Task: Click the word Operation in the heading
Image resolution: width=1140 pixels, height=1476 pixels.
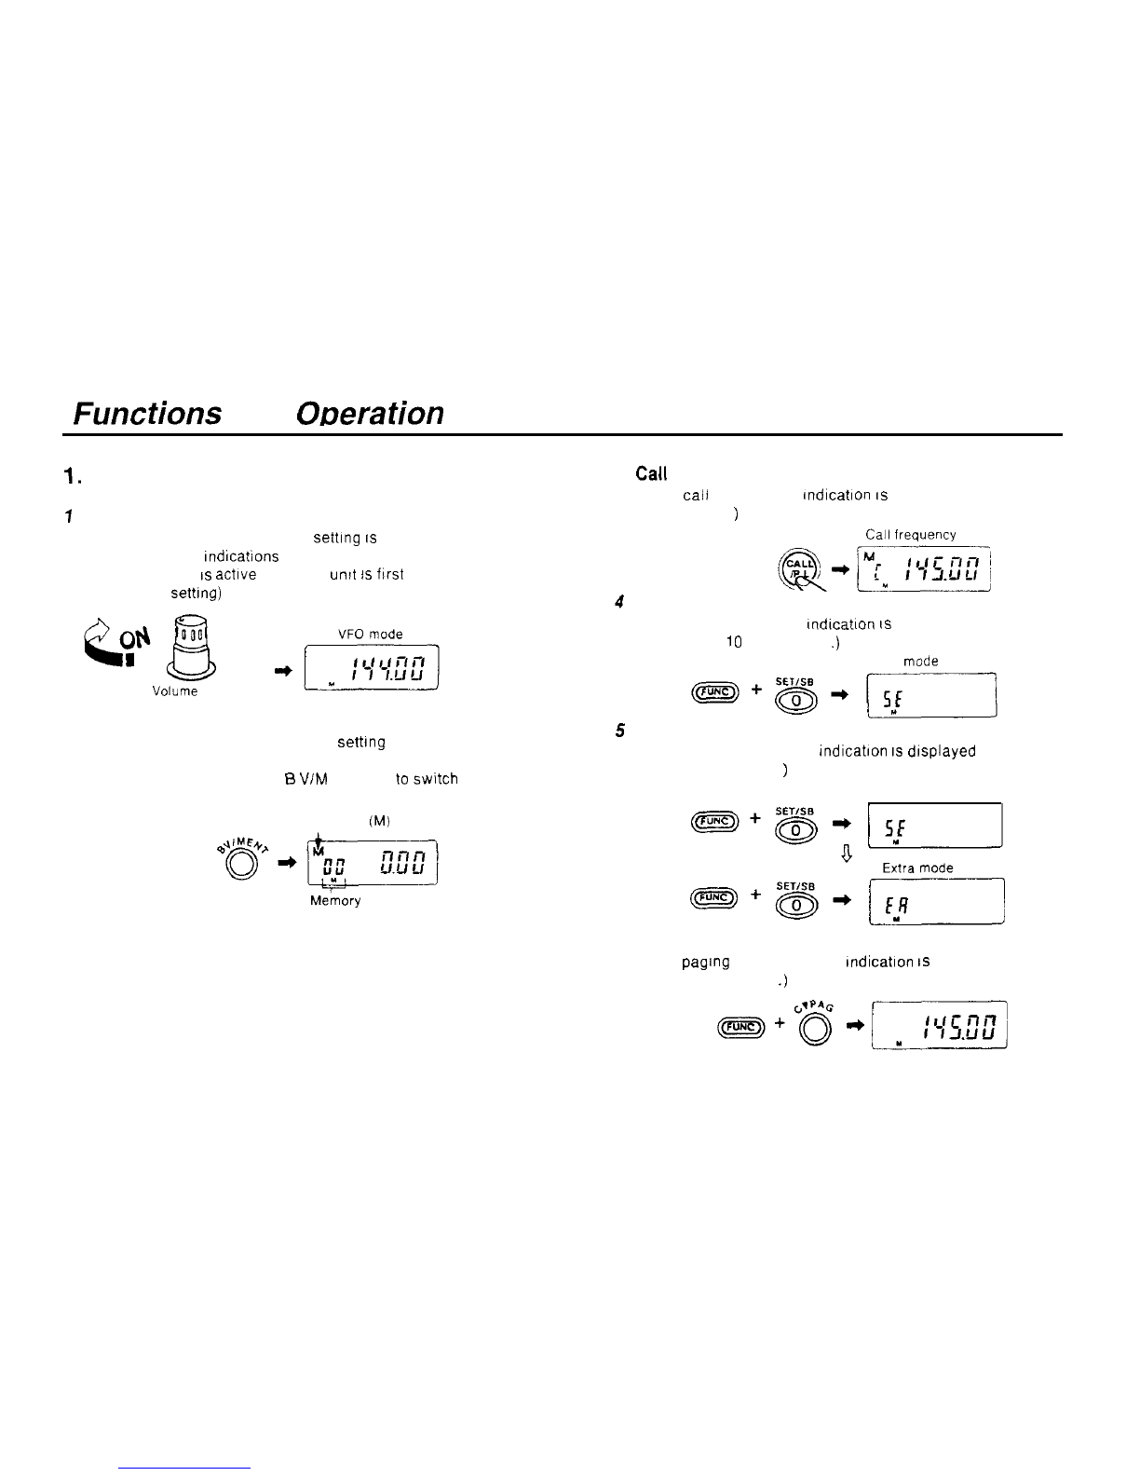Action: coord(369,412)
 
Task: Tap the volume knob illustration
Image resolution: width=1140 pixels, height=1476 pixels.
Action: coord(192,649)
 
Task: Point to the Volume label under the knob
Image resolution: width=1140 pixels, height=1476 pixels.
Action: coord(175,692)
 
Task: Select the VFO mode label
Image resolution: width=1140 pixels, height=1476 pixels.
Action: coord(372,635)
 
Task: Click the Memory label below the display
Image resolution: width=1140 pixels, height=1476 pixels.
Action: coord(334,901)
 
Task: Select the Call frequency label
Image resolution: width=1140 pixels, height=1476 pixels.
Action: coord(910,535)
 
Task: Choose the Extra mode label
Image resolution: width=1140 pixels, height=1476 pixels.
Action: coord(917,868)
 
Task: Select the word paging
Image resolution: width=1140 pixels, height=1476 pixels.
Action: coord(706,962)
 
